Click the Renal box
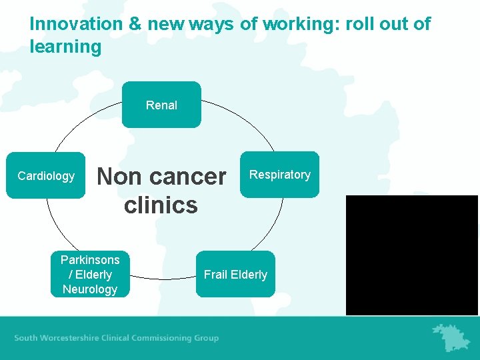pyautogui.click(x=161, y=105)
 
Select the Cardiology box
pyautogui.click(x=46, y=175)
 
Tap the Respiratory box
pyautogui.click(x=279, y=175)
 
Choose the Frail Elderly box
pyautogui.click(x=235, y=274)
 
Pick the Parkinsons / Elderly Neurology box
pyautogui.click(x=90, y=274)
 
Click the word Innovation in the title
pyautogui.click(x=75, y=25)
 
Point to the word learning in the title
pyautogui.click(x=65, y=47)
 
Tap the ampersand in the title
pyautogui.click(x=135, y=25)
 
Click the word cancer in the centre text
pyautogui.click(x=188, y=177)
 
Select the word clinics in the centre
pyautogui.click(x=161, y=205)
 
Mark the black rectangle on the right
pyautogui.click(x=412, y=255)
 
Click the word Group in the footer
pyautogui.click(x=206, y=338)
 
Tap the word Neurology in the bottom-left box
pyautogui.click(x=90, y=289)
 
